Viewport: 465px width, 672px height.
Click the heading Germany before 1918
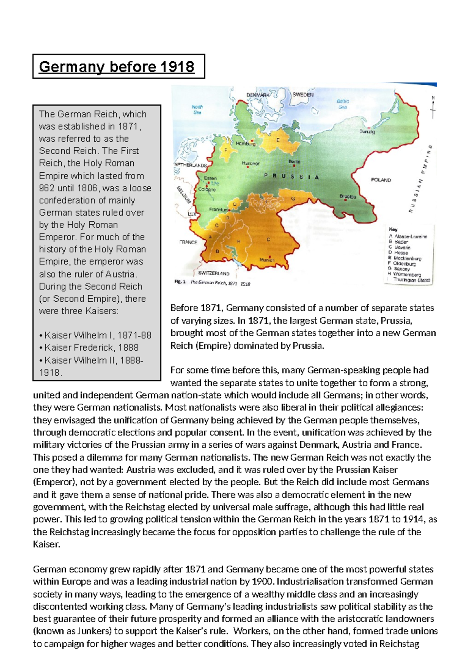pos(117,67)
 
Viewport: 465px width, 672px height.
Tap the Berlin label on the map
pos(294,162)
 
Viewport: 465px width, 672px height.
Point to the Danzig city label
pos(367,132)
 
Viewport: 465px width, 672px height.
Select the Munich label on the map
pos(267,260)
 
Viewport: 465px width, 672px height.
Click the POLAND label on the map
pos(381,180)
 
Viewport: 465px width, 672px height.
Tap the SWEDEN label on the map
pos(303,95)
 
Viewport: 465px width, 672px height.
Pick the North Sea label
pos(197,110)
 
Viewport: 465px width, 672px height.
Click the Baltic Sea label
pos(343,104)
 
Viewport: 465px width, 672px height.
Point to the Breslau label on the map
pos(348,197)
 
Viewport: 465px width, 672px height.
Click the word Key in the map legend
pos(393,229)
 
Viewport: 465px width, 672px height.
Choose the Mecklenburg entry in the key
pos(407,258)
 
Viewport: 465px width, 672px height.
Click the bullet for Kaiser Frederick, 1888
pos(41,348)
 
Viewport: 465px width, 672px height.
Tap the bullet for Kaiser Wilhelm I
pos(41,335)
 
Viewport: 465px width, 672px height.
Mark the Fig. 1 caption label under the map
pos(180,282)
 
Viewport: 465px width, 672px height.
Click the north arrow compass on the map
pos(433,108)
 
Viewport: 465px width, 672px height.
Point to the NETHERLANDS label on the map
pos(190,165)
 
